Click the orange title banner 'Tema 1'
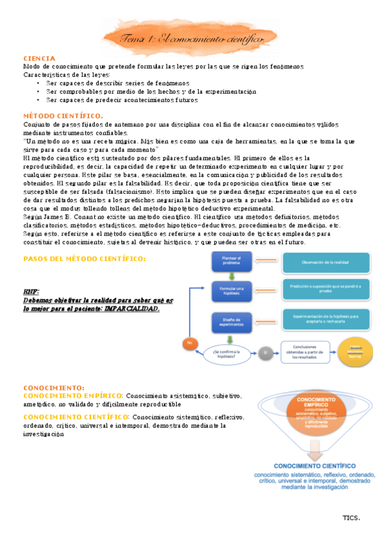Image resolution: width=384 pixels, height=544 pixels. coord(191,39)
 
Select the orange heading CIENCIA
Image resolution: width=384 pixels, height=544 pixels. coord(39,58)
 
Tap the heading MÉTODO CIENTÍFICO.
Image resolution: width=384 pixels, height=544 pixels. coord(59,115)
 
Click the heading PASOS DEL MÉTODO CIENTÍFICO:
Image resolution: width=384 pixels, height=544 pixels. coord(84,259)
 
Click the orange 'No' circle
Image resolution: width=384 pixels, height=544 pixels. coord(189,344)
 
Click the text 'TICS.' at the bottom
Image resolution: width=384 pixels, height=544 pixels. coord(351,517)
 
